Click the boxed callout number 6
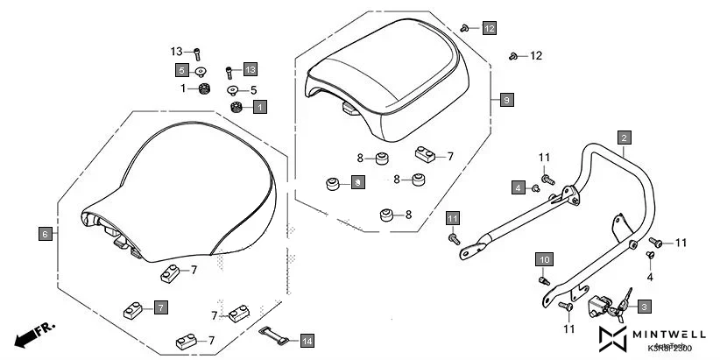pyautogui.click(x=46, y=234)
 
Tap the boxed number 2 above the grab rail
pyautogui.click(x=624, y=138)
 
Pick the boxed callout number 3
pyautogui.click(x=644, y=307)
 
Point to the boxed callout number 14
pyautogui.click(x=306, y=340)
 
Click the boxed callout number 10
pyautogui.click(x=544, y=260)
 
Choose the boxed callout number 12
pyautogui.click(x=489, y=28)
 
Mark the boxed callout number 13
pyautogui.click(x=250, y=69)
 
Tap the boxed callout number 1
pyautogui.click(x=259, y=107)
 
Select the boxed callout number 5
pyautogui.click(x=181, y=69)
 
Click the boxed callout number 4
pyautogui.click(x=519, y=187)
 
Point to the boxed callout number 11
pyautogui.click(x=453, y=217)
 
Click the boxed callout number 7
pyautogui.click(x=160, y=307)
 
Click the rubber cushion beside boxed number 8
pyautogui.click(x=333, y=183)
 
